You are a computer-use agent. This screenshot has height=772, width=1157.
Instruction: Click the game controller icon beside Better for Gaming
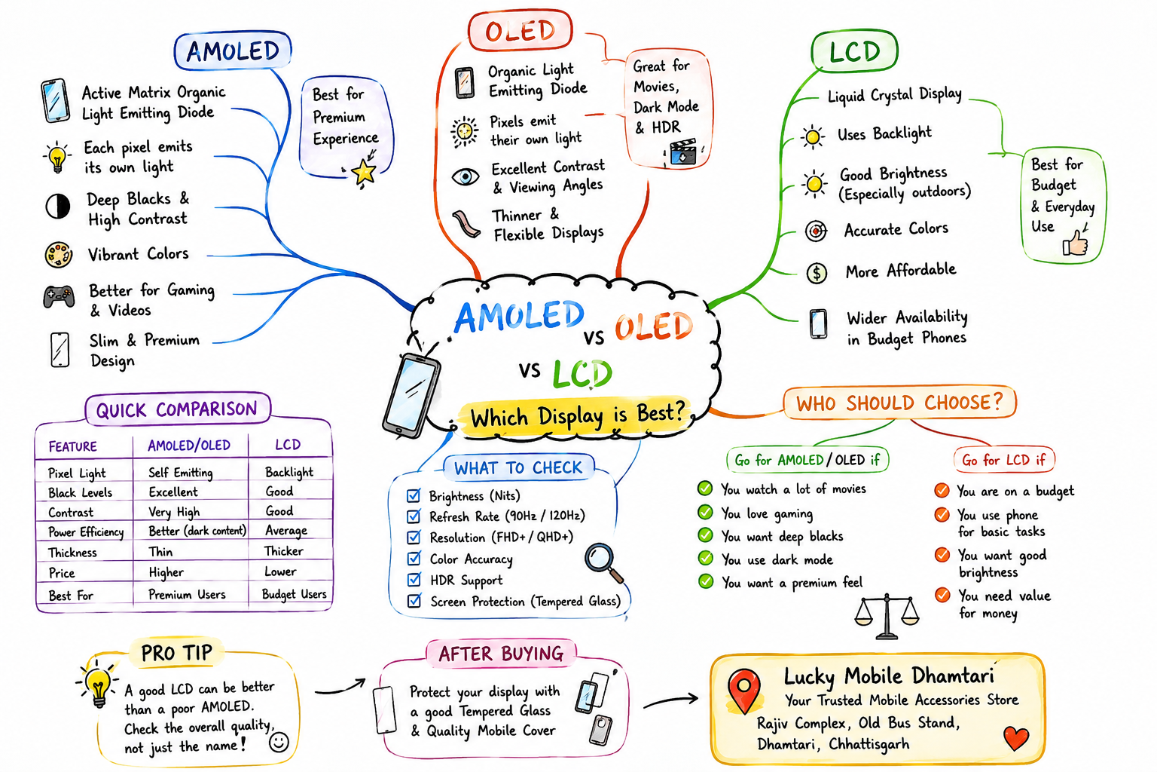(x=58, y=296)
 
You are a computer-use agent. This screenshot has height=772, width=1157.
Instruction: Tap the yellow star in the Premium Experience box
(x=364, y=172)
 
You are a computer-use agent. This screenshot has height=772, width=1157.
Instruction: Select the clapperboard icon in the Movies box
(x=683, y=152)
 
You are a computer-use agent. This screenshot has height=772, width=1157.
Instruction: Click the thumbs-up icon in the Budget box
(x=1076, y=243)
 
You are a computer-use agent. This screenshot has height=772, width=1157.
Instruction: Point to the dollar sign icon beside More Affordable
(x=817, y=272)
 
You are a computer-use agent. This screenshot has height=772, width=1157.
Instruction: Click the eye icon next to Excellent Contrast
(x=466, y=177)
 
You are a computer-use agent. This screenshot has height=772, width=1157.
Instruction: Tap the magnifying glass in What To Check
(x=603, y=562)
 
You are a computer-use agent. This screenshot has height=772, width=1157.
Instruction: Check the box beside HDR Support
(x=414, y=580)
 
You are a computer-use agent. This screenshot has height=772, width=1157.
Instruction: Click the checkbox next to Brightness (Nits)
(x=414, y=495)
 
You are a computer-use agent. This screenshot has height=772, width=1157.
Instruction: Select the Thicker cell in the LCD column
(x=283, y=551)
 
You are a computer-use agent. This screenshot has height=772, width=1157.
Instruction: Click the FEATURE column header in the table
(x=72, y=446)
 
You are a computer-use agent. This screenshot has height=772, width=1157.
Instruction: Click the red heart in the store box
(x=1015, y=738)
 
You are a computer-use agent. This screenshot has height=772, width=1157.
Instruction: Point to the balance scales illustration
(x=887, y=617)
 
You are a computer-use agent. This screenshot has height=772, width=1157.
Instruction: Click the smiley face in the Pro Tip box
(x=279, y=742)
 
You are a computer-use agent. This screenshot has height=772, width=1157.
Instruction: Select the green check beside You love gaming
(x=705, y=513)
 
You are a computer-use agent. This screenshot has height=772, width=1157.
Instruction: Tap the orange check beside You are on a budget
(x=942, y=490)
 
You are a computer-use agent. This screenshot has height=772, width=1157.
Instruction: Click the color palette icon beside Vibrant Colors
(x=58, y=254)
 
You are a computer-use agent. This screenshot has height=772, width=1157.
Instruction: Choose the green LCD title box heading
(x=855, y=51)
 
